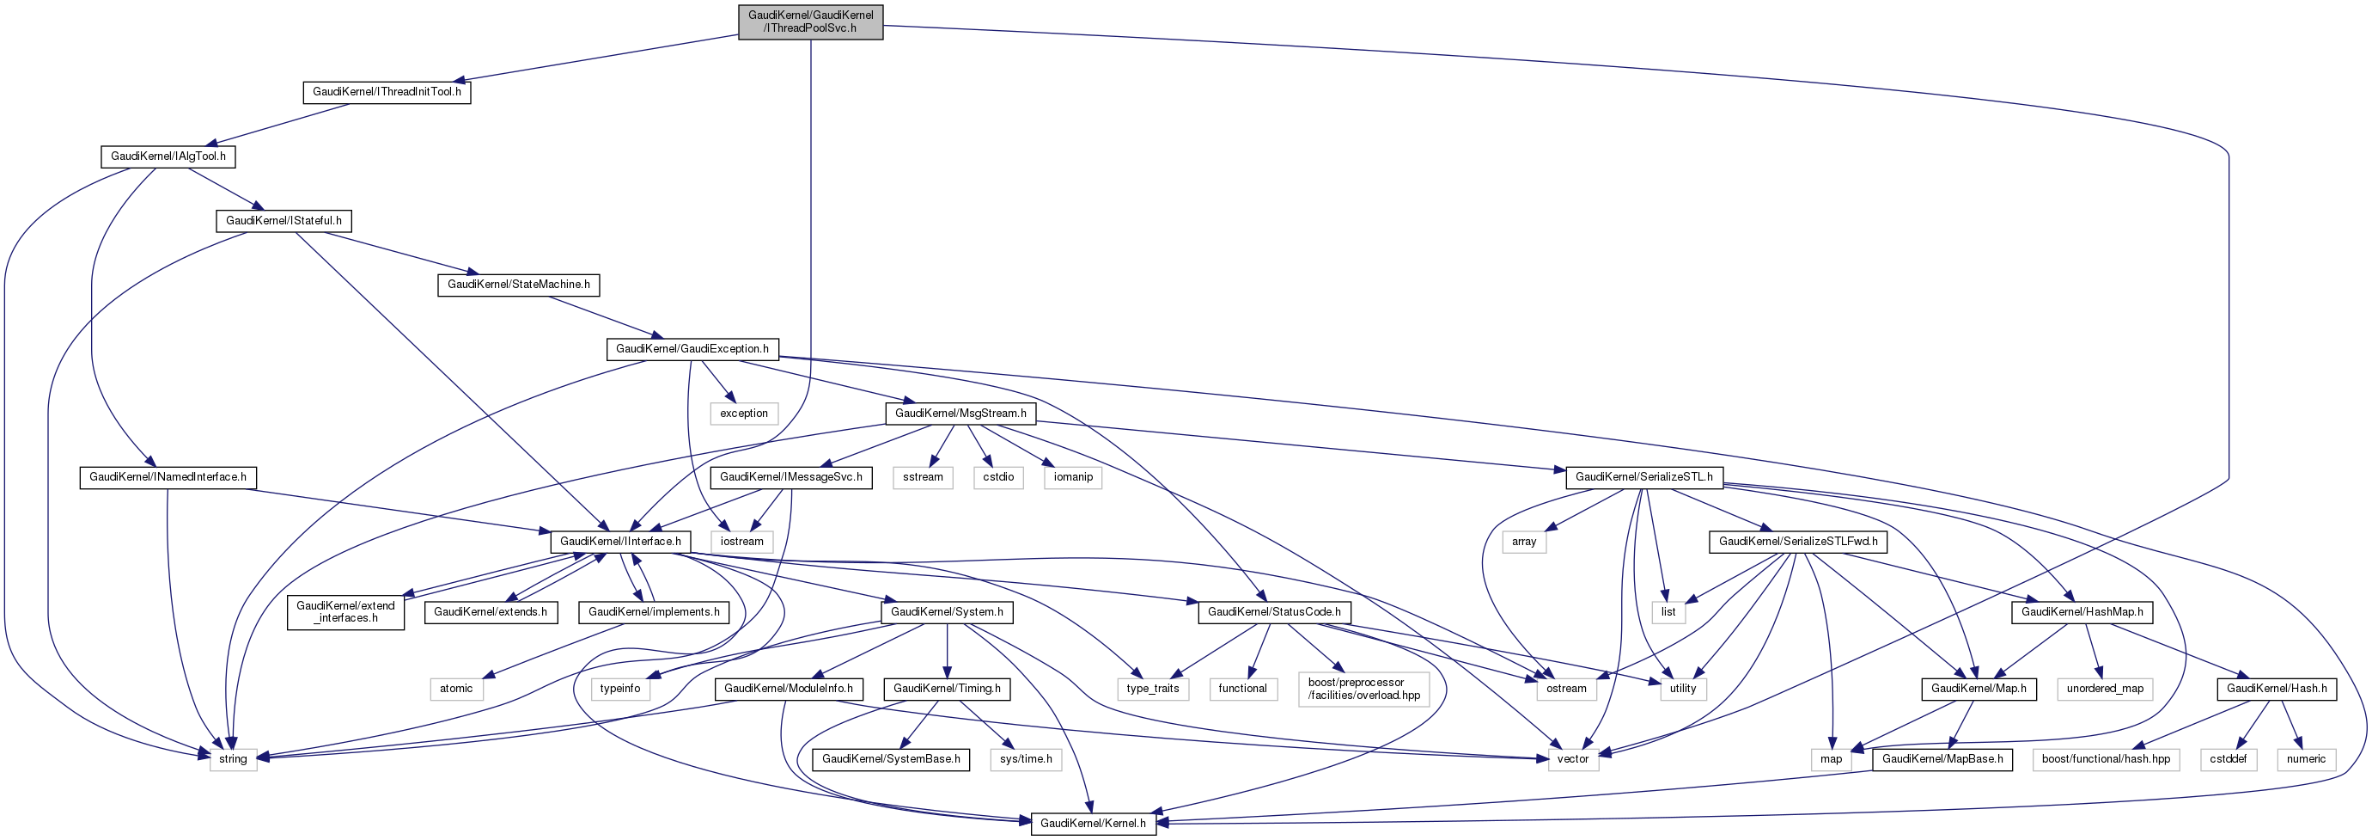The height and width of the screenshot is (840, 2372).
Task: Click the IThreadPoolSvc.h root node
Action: click(810, 21)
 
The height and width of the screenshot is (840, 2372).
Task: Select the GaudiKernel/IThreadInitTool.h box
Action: click(387, 92)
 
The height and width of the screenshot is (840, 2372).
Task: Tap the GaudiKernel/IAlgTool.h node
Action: click(168, 156)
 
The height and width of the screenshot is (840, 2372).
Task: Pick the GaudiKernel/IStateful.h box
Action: click(284, 221)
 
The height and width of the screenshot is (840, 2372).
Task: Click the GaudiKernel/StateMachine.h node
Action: click(518, 285)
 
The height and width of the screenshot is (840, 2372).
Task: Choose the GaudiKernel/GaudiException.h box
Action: click(692, 349)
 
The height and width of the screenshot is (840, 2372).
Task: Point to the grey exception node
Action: click(744, 414)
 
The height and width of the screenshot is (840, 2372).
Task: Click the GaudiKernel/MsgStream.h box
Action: click(960, 414)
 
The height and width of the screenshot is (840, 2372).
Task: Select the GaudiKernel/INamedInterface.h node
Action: click(168, 477)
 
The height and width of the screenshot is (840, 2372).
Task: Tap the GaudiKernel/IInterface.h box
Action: click(620, 542)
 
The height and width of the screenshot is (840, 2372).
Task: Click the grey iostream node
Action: click(742, 542)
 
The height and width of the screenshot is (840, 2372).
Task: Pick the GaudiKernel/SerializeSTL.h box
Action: click(1643, 477)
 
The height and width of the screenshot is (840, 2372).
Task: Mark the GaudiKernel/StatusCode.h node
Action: click(1274, 611)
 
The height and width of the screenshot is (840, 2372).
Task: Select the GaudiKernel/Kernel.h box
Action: click(1093, 824)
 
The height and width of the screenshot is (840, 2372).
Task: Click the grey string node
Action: click(233, 759)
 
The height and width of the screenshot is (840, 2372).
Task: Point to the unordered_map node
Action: click(2105, 689)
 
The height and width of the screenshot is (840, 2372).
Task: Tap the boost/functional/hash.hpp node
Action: click(2106, 759)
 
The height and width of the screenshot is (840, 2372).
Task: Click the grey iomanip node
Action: click(1074, 477)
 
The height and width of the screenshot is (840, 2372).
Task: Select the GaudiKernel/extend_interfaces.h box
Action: click(345, 611)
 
